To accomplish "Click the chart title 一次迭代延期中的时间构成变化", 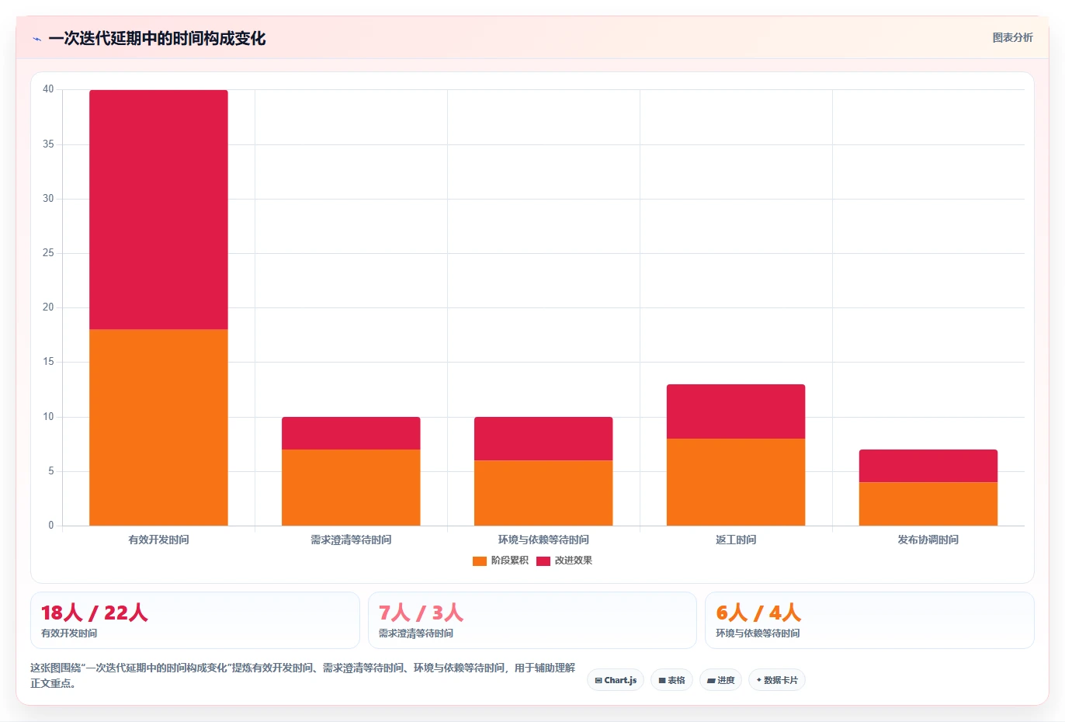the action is click(157, 39).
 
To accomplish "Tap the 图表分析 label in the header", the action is click(1012, 37).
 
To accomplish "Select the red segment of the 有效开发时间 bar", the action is click(158, 210).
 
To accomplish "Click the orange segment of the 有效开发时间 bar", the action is click(158, 428).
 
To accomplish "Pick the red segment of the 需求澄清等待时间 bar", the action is click(351, 433).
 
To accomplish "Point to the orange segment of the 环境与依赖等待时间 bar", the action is click(543, 493).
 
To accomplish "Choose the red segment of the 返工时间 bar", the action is click(736, 411).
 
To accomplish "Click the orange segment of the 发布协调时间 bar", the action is click(928, 504).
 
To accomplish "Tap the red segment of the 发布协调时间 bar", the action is click(928, 466).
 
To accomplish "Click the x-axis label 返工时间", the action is click(736, 540).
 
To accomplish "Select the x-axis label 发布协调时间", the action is click(928, 540).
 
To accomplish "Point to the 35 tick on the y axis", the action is click(48, 144).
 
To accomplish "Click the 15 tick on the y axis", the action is click(48, 362).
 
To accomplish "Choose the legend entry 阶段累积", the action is click(500, 561).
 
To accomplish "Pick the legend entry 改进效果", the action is click(564, 561).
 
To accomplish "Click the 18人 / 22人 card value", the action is click(94, 613).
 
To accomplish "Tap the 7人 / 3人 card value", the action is click(421, 613).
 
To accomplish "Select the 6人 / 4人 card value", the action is click(758, 613).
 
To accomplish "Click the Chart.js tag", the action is click(616, 680).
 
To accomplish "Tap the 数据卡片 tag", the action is click(777, 680).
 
